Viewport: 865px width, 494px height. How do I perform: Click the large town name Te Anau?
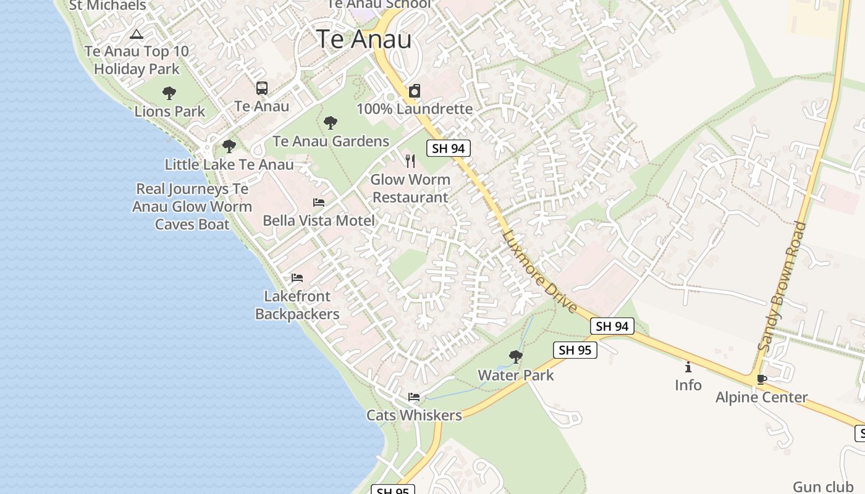364,39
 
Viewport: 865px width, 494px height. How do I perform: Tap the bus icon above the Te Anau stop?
262,88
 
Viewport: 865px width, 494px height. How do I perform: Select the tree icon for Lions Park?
169,93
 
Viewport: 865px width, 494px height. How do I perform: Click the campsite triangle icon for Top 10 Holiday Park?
137,33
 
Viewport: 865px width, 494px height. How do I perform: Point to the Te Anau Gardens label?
331,141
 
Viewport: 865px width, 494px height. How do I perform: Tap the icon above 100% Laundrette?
415,91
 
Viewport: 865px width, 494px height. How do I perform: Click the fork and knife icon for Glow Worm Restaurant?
410,161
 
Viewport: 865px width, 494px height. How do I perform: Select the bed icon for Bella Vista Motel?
319,203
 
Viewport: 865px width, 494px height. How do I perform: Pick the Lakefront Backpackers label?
297,305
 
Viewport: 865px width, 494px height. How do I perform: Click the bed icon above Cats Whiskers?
414,397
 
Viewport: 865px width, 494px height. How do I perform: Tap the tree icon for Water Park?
515,356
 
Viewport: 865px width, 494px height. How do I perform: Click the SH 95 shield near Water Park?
575,350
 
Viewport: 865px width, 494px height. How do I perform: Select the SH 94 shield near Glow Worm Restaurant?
449,148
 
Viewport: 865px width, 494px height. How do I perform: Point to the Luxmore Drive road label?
539,271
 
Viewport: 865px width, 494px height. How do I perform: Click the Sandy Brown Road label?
783,287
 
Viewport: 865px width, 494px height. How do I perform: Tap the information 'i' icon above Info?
688,367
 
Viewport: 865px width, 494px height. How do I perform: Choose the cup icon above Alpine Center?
761,379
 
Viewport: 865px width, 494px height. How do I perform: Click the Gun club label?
823,487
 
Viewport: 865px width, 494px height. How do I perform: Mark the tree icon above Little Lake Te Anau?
229,146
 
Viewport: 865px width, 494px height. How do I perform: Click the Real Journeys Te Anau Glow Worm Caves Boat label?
192,207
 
